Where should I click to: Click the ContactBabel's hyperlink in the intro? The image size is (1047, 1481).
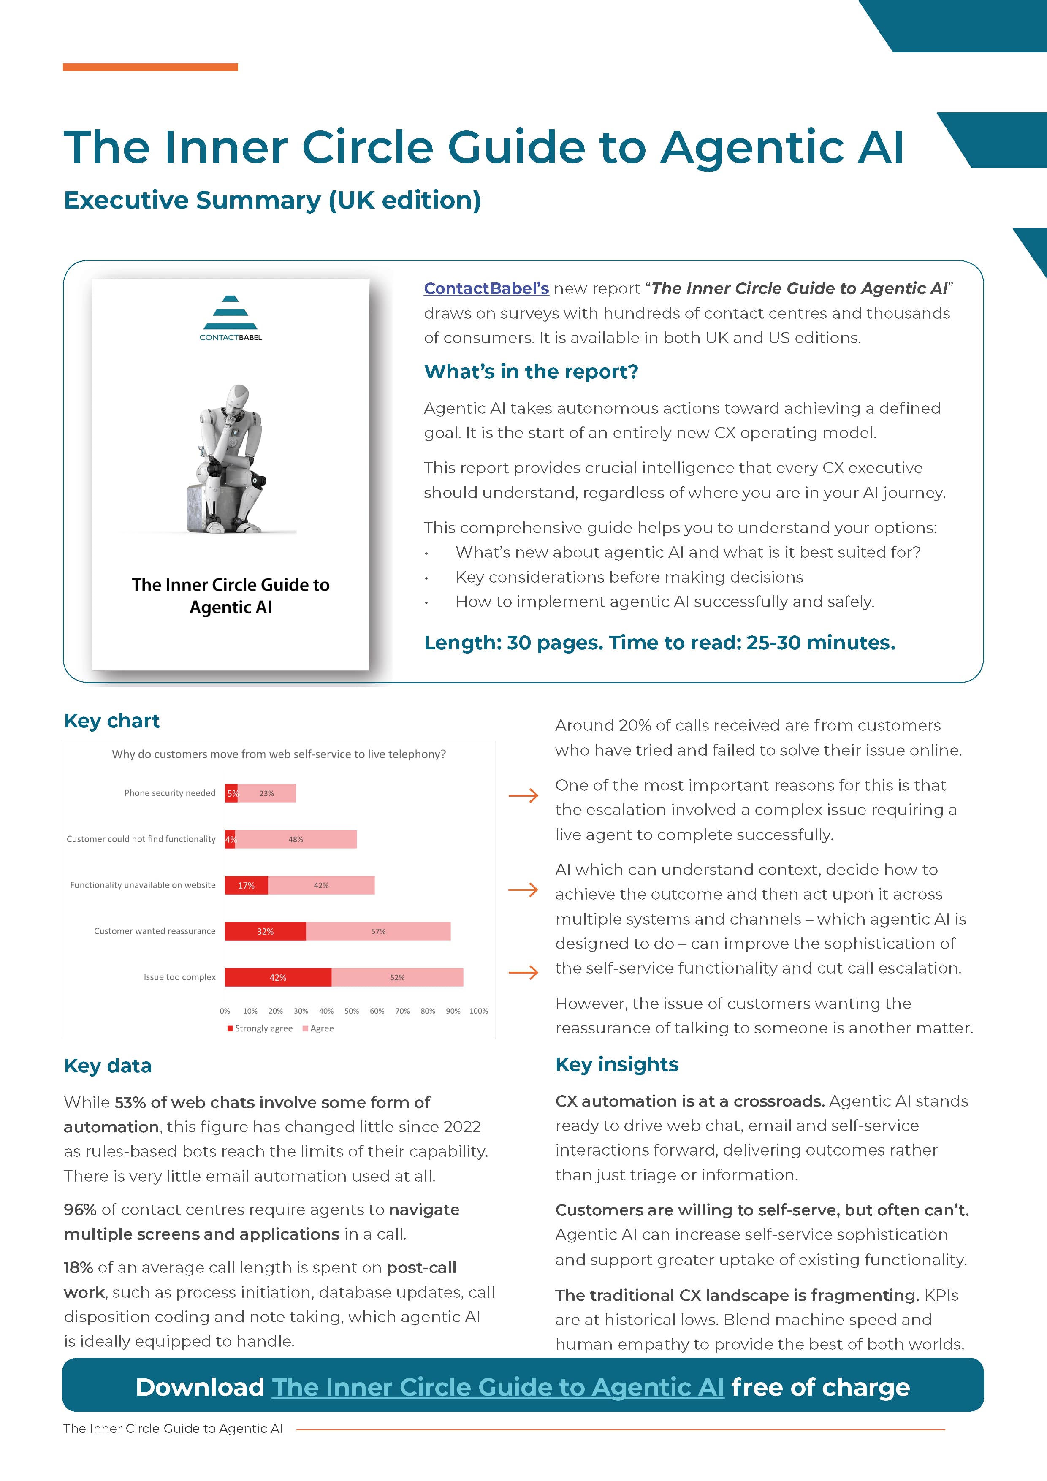(x=486, y=288)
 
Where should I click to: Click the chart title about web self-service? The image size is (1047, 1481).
(x=279, y=754)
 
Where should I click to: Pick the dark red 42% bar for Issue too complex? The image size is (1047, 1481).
(x=278, y=977)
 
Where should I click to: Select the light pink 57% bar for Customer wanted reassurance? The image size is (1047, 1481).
(x=378, y=931)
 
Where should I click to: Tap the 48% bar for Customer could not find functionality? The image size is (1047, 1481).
(x=296, y=839)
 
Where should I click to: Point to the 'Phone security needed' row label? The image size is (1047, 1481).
(x=170, y=793)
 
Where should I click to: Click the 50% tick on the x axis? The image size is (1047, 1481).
(x=352, y=1011)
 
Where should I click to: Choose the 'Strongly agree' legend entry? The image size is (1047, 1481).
(x=260, y=1028)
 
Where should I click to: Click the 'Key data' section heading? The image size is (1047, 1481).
(x=108, y=1066)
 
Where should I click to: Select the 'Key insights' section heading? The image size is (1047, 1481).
(x=617, y=1064)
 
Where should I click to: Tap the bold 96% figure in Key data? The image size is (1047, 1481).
(x=80, y=1210)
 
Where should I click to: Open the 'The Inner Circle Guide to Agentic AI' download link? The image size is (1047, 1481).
(x=497, y=1387)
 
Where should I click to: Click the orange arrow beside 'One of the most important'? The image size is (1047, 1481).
(x=523, y=795)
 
